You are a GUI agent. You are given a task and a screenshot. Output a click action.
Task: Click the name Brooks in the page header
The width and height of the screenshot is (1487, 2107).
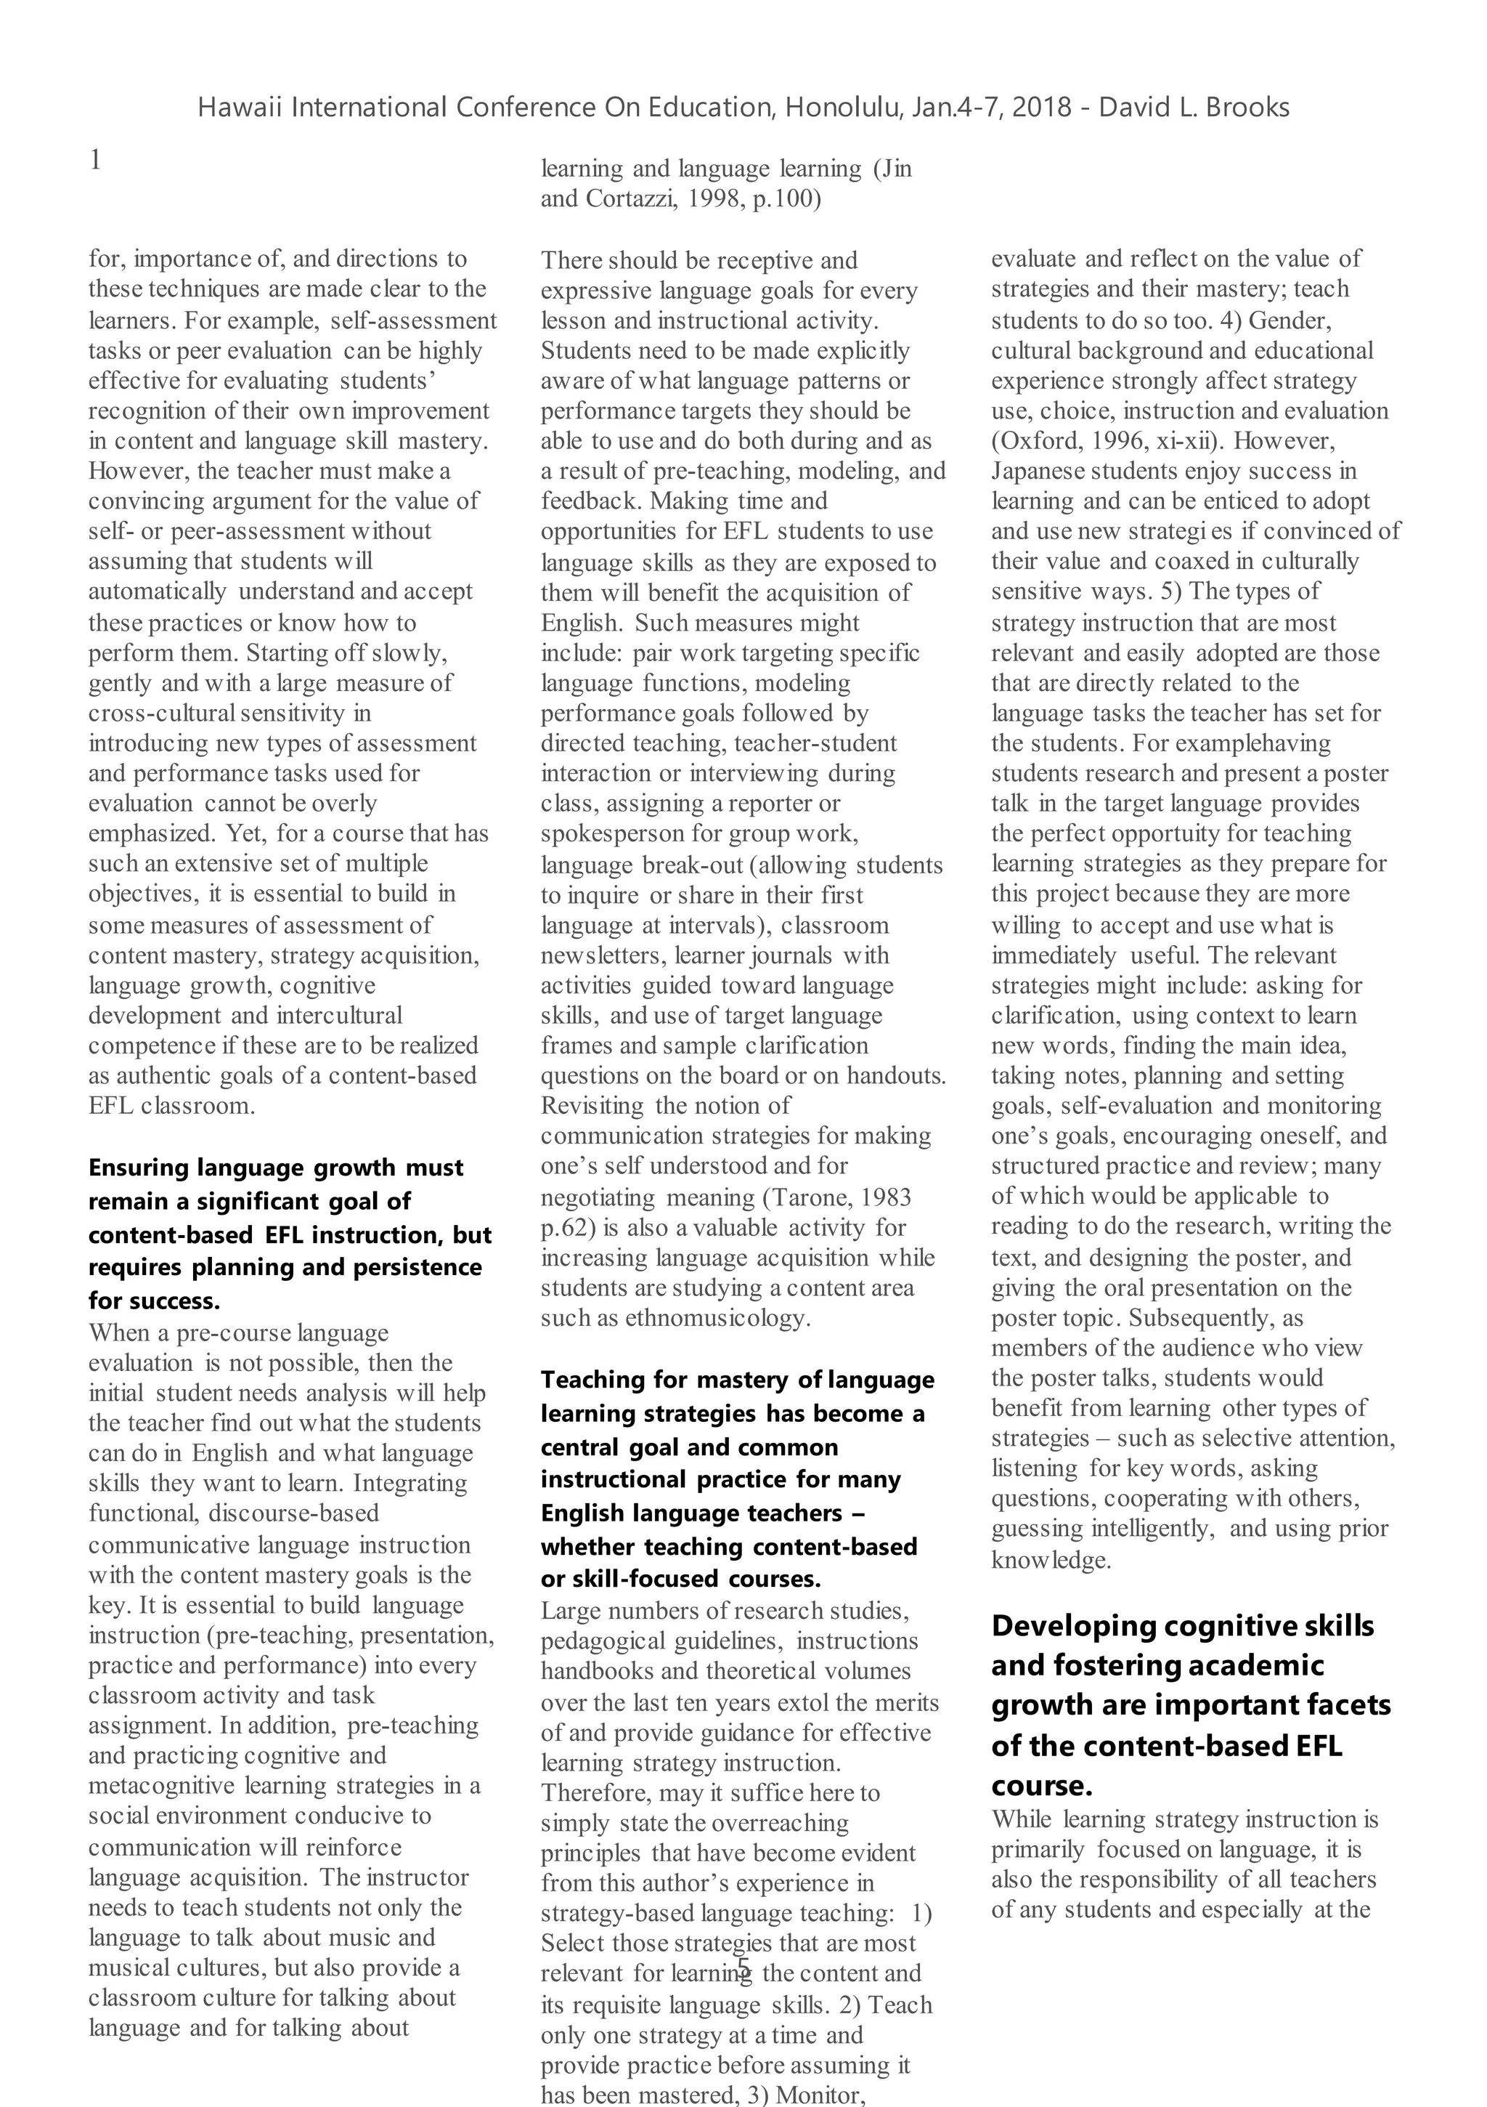click(x=1247, y=108)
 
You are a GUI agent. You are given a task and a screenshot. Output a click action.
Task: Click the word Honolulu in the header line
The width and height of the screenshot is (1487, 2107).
click(x=844, y=108)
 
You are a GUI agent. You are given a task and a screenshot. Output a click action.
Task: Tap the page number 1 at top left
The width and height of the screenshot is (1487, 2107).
click(x=95, y=161)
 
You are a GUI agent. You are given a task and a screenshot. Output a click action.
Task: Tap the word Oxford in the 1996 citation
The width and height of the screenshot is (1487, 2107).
click(x=1037, y=442)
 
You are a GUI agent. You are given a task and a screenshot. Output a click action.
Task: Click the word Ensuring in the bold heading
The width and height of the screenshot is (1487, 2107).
click(x=139, y=1168)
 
